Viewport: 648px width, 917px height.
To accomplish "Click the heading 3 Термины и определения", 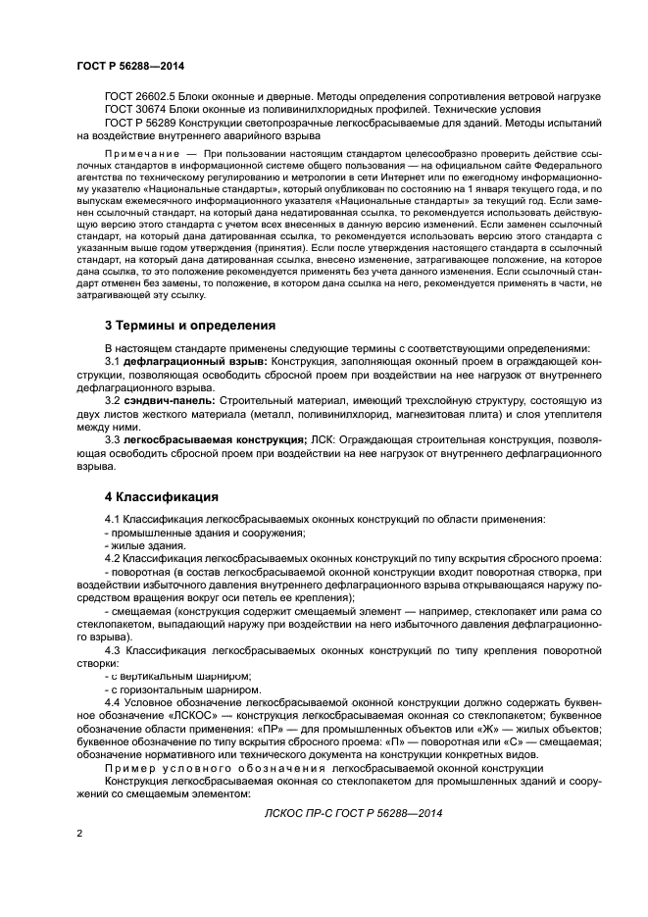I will [x=189, y=324].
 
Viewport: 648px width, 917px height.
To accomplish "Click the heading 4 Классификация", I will [x=155, y=496].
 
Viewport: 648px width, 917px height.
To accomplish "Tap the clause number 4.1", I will [x=113, y=518].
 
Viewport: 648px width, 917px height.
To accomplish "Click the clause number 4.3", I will [x=113, y=650].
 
